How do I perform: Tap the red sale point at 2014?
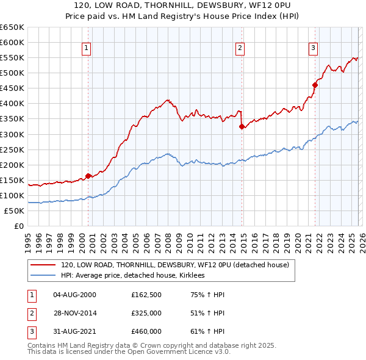click(242, 126)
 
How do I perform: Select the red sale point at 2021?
click(315, 85)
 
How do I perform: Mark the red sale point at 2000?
click(88, 176)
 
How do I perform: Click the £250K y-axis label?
click(12, 149)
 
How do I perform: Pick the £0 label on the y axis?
click(19, 226)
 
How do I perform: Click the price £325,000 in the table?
click(146, 314)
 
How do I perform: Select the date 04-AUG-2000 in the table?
click(74, 295)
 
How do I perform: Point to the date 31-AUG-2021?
click(74, 333)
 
